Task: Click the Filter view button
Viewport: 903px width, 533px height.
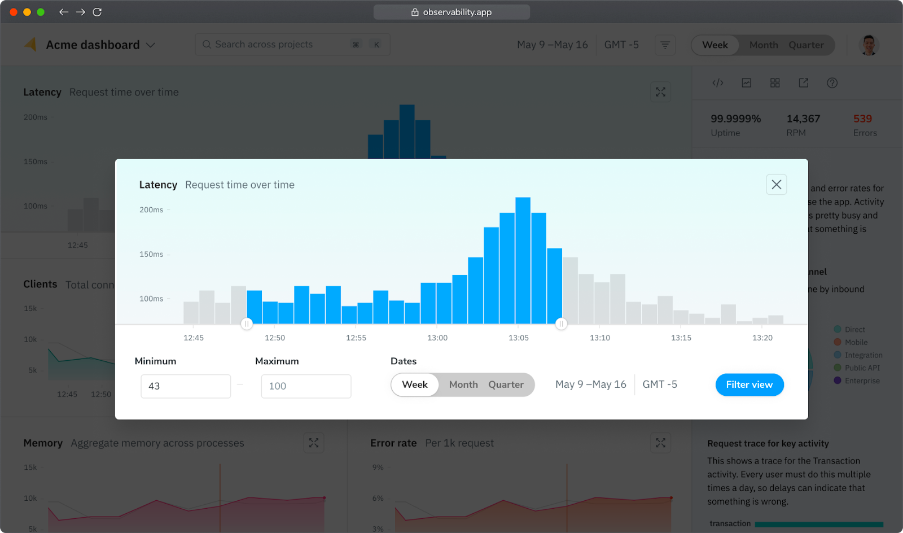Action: pyautogui.click(x=749, y=385)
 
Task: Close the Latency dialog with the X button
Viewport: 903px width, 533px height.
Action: pyautogui.click(x=776, y=185)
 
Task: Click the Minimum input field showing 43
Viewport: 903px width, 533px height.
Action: pyautogui.click(x=186, y=386)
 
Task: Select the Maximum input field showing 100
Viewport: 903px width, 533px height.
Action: pyautogui.click(x=306, y=386)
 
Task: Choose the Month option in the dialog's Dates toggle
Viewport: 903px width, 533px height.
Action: pyautogui.click(x=463, y=385)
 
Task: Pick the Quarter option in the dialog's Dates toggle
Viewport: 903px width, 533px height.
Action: pyautogui.click(x=506, y=385)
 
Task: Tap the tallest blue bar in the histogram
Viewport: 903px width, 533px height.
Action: pyautogui.click(x=523, y=260)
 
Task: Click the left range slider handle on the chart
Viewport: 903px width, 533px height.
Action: pyautogui.click(x=247, y=324)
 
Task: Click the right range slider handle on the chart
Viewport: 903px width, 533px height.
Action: pyautogui.click(x=561, y=324)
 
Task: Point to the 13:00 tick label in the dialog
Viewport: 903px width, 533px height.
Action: pyautogui.click(x=437, y=338)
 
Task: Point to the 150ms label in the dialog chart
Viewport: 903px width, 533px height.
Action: pyautogui.click(x=151, y=254)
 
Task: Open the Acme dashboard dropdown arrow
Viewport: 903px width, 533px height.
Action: pyautogui.click(x=151, y=45)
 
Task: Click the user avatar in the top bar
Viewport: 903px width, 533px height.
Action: pyautogui.click(x=869, y=45)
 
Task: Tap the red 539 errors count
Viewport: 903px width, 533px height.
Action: pyautogui.click(x=862, y=119)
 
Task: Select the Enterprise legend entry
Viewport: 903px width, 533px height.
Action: pyautogui.click(x=862, y=381)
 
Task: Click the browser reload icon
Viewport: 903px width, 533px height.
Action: pyautogui.click(x=97, y=12)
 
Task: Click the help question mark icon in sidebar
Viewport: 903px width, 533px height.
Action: pyautogui.click(x=832, y=83)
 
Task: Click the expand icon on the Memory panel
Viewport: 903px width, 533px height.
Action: pyautogui.click(x=314, y=443)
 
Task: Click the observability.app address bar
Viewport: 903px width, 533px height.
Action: pyautogui.click(x=451, y=12)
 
